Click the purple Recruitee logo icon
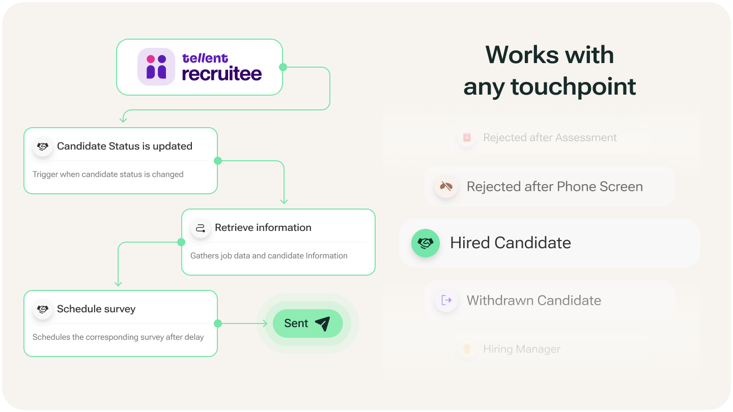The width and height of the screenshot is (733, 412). (x=156, y=67)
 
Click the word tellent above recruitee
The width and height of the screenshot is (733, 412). (x=205, y=58)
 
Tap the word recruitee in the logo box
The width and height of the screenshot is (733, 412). (x=222, y=74)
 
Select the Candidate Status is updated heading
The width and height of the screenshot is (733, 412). (x=125, y=146)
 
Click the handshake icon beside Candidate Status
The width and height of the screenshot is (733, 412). (x=43, y=146)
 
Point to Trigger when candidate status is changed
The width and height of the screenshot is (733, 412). (x=108, y=174)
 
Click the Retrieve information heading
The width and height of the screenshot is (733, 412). (x=263, y=228)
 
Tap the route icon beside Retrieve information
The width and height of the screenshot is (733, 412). (x=201, y=228)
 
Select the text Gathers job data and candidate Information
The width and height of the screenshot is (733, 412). (x=269, y=256)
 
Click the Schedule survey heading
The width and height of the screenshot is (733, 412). (x=96, y=309)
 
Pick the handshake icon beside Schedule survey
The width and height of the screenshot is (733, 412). (x=43, y=309)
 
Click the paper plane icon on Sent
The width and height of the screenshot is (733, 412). (x=322, y=323)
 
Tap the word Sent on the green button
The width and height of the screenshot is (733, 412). (x=296, y=323)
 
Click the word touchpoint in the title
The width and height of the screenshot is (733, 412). (x=573, y=87)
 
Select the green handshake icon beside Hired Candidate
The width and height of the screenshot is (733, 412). (x=425, y=243)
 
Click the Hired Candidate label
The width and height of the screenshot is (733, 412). (x=511, y=243)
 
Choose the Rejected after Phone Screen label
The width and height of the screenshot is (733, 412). (x=554, y=187)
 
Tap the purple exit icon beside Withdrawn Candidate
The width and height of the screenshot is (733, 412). (x=446, y=300)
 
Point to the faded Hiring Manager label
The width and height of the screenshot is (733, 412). (x=521, y=349)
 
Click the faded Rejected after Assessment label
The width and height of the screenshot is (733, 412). (x=550, y=138)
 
